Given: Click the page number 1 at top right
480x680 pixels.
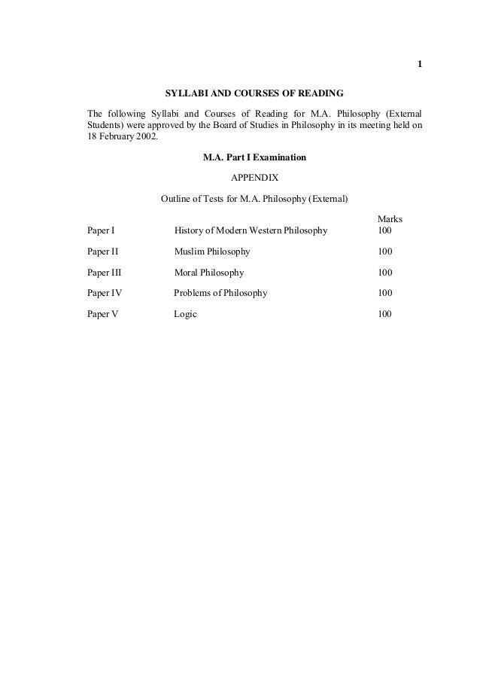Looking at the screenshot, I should click(420, 63).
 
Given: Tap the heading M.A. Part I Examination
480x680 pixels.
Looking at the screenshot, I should click(254, 158).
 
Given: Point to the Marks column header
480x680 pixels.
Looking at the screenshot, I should click(389, 219).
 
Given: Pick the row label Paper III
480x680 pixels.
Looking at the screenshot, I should click(104, 272).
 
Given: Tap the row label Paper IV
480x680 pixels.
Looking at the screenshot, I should click(104, 293).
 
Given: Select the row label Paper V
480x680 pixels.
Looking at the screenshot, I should click(102, 314).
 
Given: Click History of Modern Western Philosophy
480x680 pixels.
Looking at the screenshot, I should click(251, 230).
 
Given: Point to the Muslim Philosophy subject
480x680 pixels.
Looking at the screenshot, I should click(212, 251).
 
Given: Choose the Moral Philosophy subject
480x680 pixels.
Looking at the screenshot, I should click(209, 272).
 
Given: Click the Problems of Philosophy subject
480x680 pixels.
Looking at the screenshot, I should click(220, 293).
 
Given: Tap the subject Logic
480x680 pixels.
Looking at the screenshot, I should click(185, 314).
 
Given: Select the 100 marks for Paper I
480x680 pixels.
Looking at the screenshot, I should click(384, 230).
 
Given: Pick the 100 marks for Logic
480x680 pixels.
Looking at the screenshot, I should click(384, 314).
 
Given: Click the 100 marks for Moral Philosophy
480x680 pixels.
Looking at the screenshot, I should click(384, 272).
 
